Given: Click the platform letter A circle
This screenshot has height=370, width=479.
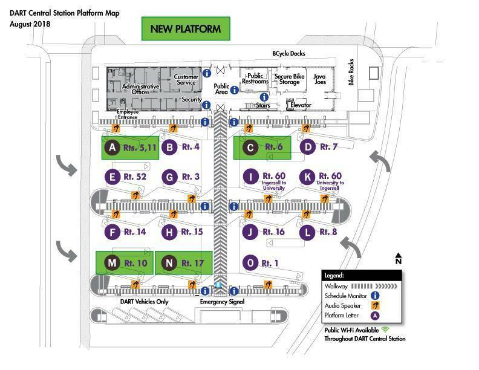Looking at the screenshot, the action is pyautogui.click(x=112, y=148).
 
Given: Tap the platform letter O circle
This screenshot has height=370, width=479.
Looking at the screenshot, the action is pyautogui.click(x=250, y=263).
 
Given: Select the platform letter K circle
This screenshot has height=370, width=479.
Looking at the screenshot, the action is pyautogui.click(x=307, y=177).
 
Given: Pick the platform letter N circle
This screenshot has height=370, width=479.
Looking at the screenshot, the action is pyautogui.click(x=169, y=263).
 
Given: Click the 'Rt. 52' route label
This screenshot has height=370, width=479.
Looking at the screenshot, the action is pyautogui.click(x=135, y=177).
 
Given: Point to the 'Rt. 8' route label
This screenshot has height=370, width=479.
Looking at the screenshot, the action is pyautogui.click(x=328, y=232).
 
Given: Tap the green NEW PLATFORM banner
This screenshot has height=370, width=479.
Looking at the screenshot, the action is pyautogui.click(x=186, y=28).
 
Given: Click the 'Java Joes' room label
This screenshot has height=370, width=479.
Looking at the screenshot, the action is pyautogui.click(x=320, y=79).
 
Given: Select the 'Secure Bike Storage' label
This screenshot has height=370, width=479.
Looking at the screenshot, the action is pyautogui.click(x=289, y=79).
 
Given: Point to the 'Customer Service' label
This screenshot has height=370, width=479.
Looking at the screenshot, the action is pyautogui.click(x=186, y=80).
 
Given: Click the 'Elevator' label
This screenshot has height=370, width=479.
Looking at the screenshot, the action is pyautogui.click(x=301, y=105).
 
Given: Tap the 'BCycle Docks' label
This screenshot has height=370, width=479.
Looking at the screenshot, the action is pyautogui.click(x=288, y=53).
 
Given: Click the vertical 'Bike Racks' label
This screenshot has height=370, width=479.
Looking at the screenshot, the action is pyautogui.click(x=351, y=73).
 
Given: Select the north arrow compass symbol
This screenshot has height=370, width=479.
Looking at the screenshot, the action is pyautogui.click(x=399, y=258).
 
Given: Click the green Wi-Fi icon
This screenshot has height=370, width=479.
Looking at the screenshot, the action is pyautogui.click(x=385, y=329).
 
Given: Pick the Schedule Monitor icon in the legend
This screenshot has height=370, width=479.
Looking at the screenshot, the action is pyautogui.click(x=375, y=296).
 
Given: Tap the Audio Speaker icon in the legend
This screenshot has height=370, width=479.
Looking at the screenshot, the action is pyautogui.click(x=375, y=305).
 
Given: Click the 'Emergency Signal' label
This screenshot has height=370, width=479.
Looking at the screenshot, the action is pyautogui.click(x=222, y=302).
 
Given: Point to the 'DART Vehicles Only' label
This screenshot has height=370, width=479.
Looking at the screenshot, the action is pyautogui.click(x=144, y=302).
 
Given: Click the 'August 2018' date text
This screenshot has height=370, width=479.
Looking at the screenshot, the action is pyautogui.click(x=30, y=24).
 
